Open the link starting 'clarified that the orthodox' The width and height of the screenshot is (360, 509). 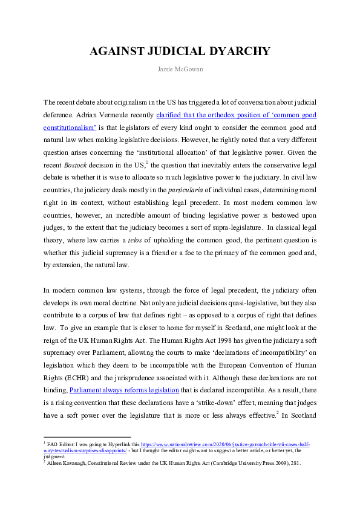tap(236, 115)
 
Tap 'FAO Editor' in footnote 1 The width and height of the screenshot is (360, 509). tap(62, 444)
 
